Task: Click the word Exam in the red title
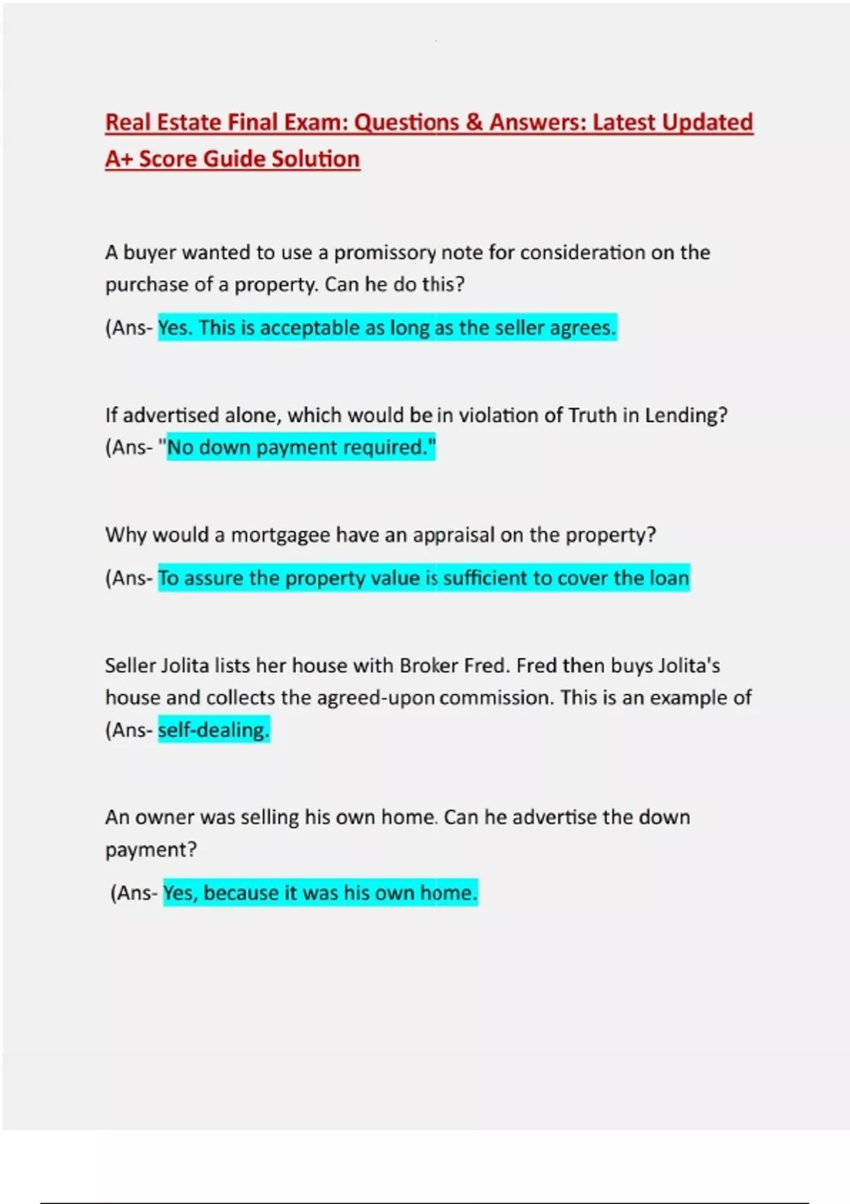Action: point(314,123)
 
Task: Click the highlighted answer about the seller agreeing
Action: point(387,328)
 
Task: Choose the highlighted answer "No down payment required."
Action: point(301,448)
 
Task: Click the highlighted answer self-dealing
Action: point(213,730)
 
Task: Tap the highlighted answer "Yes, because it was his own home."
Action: point(320,893)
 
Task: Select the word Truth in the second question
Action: point(592,415)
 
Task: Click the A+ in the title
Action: point(118,159)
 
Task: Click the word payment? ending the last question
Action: point(150,850)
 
